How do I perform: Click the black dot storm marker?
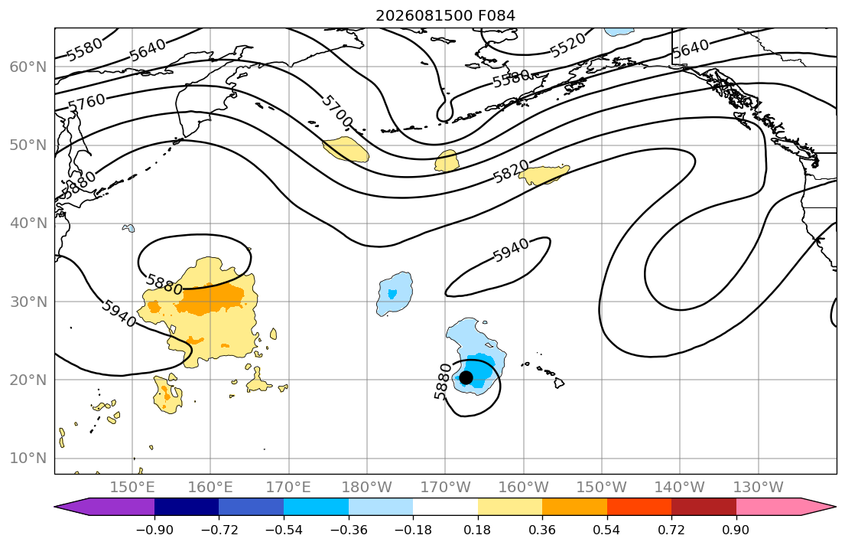466,377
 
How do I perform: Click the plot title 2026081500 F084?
445,15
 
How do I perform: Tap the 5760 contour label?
86,103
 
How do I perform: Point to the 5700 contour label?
336,111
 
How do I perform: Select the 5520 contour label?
567,45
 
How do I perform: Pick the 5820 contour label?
512,172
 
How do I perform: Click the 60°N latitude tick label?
28,67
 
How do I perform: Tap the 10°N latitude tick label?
28,459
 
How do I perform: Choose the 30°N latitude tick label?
28,302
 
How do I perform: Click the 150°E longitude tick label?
132,488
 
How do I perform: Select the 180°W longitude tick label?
367,488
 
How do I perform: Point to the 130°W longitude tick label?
759,488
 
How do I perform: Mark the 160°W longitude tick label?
524,488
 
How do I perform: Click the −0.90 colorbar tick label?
154,530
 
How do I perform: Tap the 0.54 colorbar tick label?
607,530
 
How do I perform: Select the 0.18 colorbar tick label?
477,530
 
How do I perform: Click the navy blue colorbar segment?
187,507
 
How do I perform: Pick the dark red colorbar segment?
704,507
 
